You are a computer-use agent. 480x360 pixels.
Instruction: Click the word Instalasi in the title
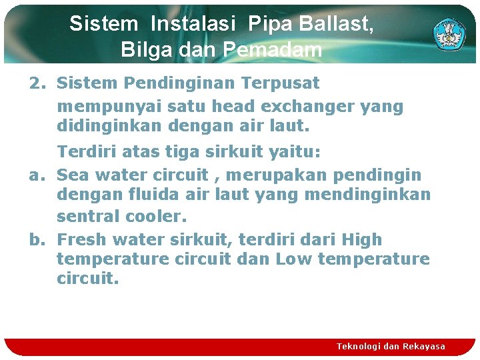click(193, 25)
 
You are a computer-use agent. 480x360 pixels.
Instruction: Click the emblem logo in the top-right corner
click(451, 33)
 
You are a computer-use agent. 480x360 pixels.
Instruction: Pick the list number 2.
click(36, 84)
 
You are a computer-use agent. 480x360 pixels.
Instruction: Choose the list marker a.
click(36, 175)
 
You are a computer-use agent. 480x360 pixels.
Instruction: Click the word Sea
click(74, 175)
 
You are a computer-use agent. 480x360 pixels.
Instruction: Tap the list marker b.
click(36, 239)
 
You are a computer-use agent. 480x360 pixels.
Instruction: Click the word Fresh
click(82, 239)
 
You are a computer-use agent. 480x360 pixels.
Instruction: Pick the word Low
click(294, 259)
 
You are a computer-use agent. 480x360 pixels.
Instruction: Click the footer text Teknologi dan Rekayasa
click(391, 347)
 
